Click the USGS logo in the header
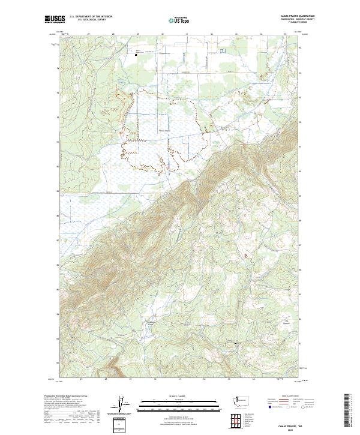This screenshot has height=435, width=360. [53, 19]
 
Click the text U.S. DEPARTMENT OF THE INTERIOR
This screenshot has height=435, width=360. [91, 17]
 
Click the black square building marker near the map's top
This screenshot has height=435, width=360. [136, 55]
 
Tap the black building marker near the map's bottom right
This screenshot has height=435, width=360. [235, 343]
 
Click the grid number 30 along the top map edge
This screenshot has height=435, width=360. [162, 35]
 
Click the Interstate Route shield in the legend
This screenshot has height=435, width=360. [269, 406]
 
